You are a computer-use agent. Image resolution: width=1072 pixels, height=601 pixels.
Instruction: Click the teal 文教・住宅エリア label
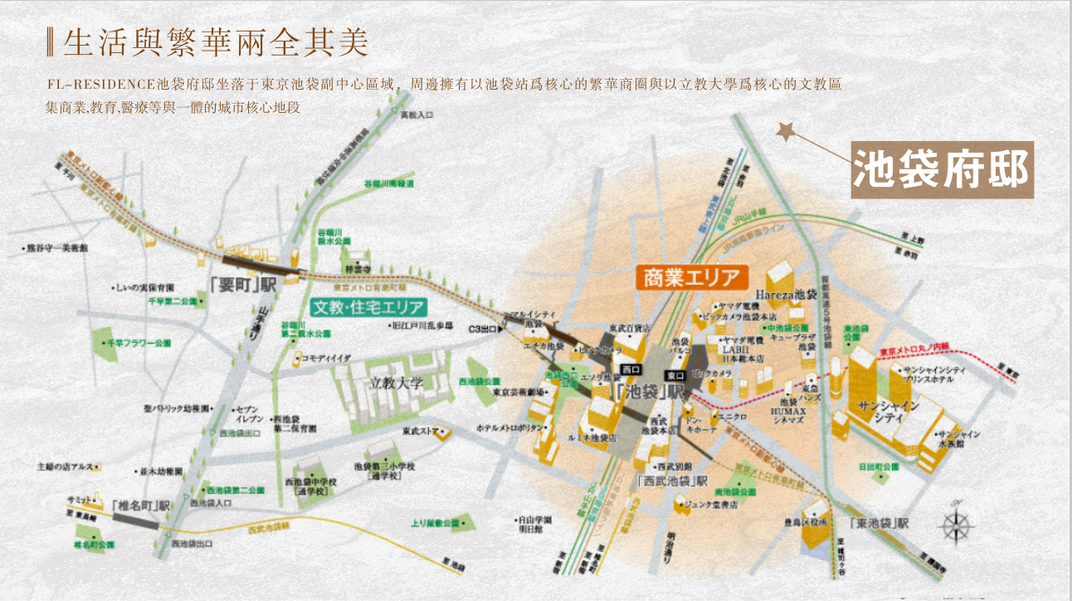(x=368, y=307)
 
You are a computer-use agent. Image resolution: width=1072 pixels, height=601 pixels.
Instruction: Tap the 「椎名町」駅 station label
(x=141, y=504)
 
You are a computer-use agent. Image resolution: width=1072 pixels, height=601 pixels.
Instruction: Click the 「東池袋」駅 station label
(x=880, y=525)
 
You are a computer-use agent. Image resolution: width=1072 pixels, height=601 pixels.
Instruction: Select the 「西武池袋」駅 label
(x=673, y=481)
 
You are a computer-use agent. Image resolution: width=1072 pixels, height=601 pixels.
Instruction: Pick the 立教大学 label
(x=397, y=383)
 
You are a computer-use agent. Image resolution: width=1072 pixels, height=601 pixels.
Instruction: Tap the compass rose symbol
(x=956, y=525)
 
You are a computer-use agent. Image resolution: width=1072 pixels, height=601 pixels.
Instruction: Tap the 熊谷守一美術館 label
(x=53, y=247)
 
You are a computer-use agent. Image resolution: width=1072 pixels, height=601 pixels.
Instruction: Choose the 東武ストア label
(x=419, y=432)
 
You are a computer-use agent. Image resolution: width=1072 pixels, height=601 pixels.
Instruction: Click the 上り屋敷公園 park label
(x=435, y=523)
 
